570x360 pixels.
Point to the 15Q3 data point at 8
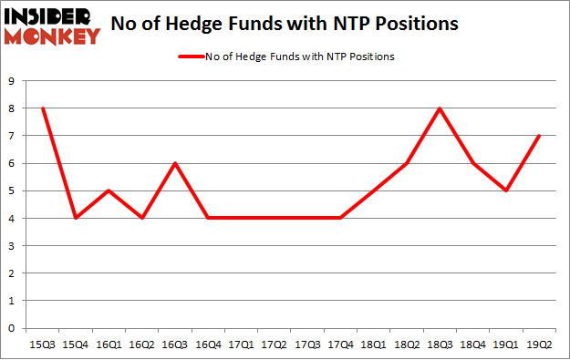(x=43, y=108)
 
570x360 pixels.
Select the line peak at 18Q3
(x=440, y=108)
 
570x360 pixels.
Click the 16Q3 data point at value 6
(x=175, y=163)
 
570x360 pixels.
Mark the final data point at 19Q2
(x=539, y=136)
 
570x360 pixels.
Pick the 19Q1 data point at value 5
(x=506, y=190)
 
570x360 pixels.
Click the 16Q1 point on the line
(x=109, y=190)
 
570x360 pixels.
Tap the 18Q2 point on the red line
(x=407, y=163)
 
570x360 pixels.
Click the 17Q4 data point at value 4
(x=341, y=218)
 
